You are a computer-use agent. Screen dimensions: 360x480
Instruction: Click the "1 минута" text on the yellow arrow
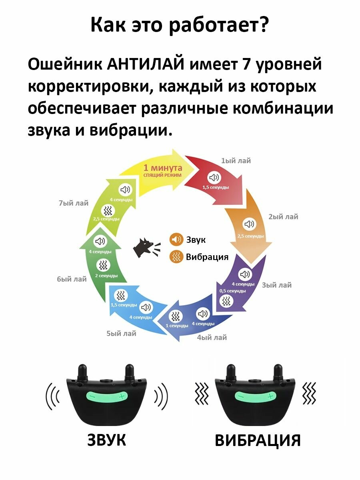[x=163, y=168]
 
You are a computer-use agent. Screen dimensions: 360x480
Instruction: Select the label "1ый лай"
[x=236, y=161]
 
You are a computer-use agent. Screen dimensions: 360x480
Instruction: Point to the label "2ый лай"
[x=283, y=217]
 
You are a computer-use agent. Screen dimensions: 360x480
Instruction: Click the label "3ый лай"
[x=277, y=285]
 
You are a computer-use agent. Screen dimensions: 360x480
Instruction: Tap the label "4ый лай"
[x=212, y=338]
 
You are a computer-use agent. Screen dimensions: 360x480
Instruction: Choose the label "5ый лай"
[x=121, y=333]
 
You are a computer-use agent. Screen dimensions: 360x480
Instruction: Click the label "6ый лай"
[x=72, y=279]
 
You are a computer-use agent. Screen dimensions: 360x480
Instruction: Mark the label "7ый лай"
[x=74, y=203]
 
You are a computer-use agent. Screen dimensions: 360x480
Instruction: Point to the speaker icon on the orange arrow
[x=250, y=224]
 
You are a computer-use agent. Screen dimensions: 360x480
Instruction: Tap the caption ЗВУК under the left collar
[x=107, y=440]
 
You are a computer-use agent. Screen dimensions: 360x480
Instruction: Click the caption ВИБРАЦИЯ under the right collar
[x=258, y=440]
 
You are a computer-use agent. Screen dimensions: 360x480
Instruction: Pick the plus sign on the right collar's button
[x=271, y=396]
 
